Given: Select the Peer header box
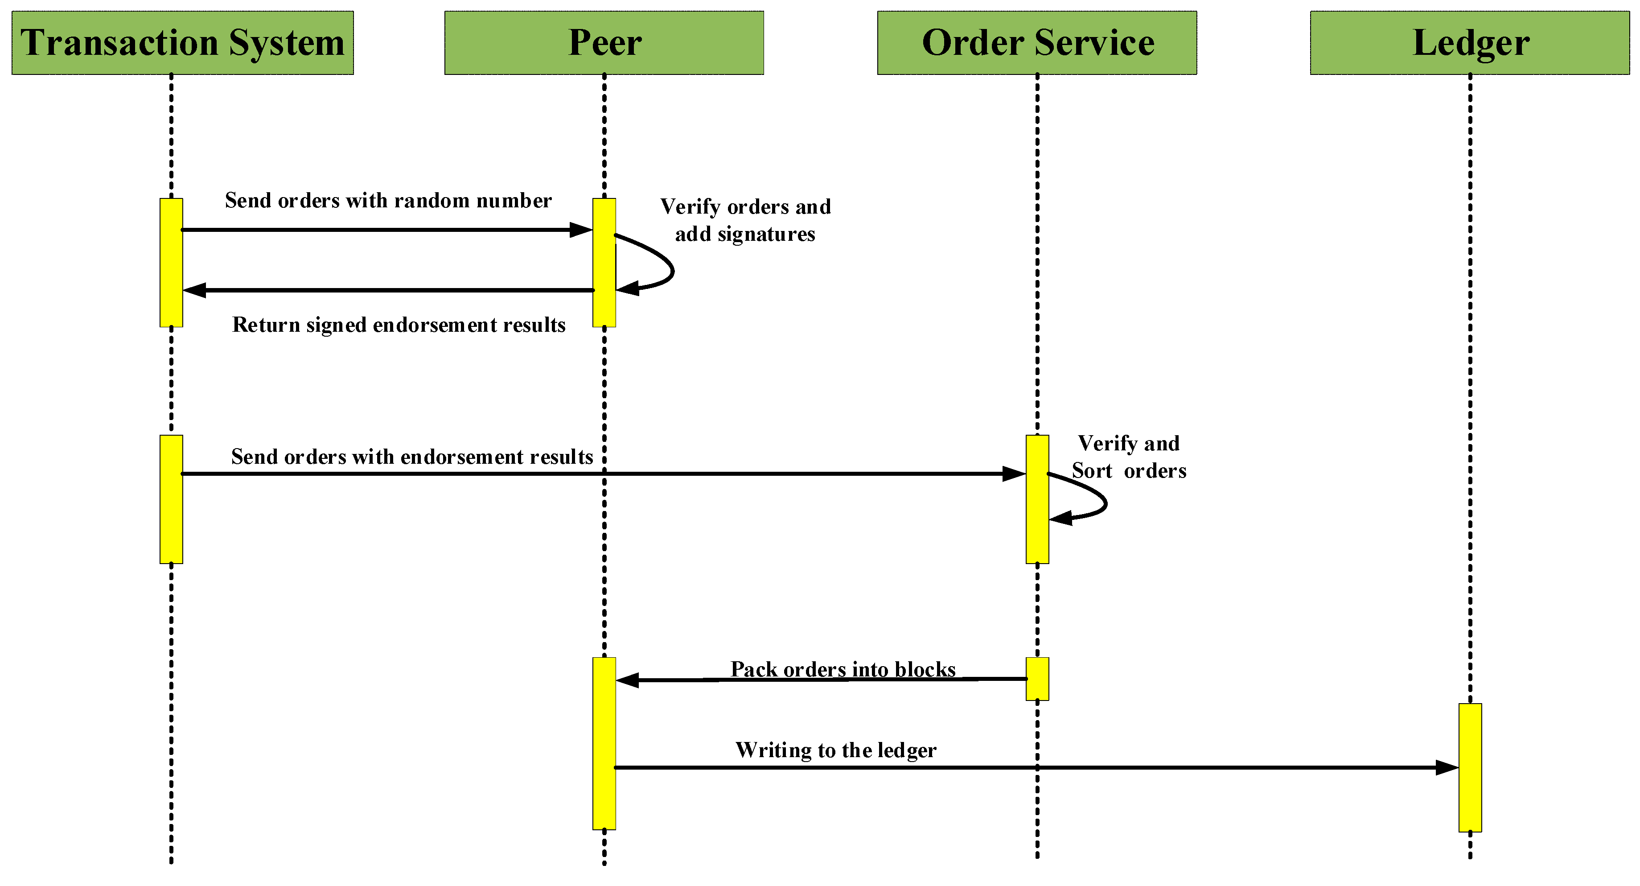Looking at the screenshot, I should [604, 43].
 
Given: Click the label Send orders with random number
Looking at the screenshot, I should [388, 201].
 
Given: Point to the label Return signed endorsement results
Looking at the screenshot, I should [399, 325].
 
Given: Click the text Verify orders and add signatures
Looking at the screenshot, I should [745, 220].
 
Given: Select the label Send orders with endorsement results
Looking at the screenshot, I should [411, 457].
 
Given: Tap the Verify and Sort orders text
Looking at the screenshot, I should [1128, 457].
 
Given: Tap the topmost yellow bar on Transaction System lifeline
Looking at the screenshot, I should [171, 263].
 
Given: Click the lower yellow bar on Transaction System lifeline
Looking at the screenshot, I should [171, 499].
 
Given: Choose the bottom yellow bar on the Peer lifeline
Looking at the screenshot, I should [604, 743].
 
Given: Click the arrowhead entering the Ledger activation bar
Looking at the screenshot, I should [1447, 767].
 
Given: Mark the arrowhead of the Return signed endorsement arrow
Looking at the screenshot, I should [194, 290].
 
